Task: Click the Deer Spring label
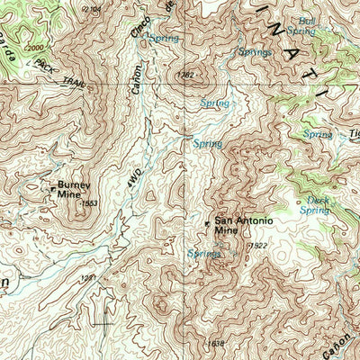315,205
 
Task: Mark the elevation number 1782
186,76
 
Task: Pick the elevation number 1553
88,204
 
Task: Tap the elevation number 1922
257,246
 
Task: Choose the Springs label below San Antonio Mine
203,254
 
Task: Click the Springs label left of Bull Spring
255,53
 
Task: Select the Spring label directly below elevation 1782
214,103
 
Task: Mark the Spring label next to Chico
164,39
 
